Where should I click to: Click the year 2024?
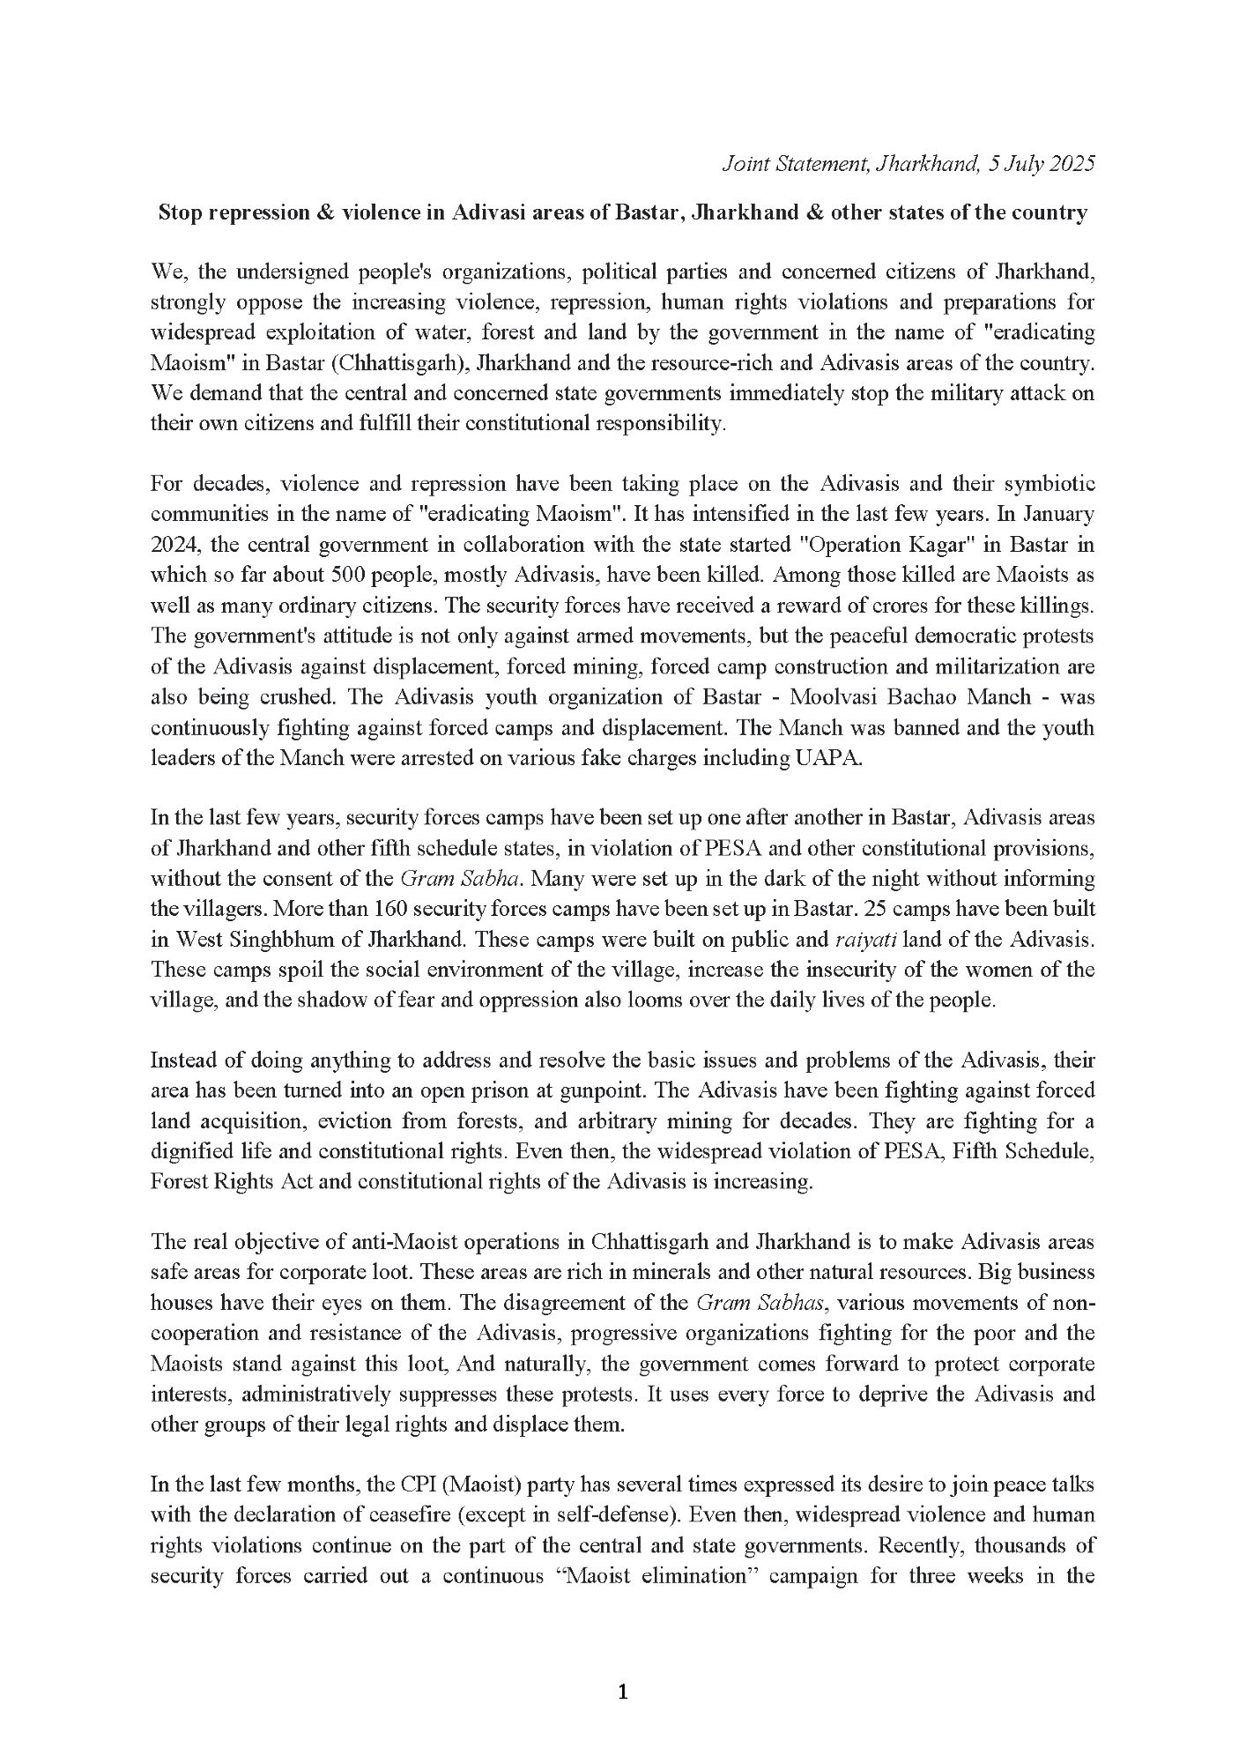point(171,544)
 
